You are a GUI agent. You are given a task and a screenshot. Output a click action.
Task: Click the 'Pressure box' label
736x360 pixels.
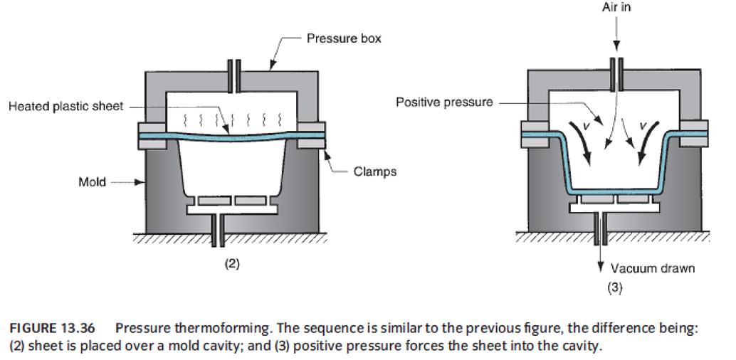344,38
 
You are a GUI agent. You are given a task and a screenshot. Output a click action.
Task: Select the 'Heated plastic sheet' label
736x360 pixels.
65,107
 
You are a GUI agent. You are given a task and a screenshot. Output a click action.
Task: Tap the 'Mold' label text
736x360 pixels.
92,182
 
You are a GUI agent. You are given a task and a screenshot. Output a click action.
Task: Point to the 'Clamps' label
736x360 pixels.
374,171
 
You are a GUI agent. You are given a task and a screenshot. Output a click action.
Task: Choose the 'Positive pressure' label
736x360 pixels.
444,102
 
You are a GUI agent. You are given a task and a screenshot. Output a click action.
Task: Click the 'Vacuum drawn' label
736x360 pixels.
653,269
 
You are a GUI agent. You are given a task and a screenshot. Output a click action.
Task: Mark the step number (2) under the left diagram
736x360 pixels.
231,264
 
